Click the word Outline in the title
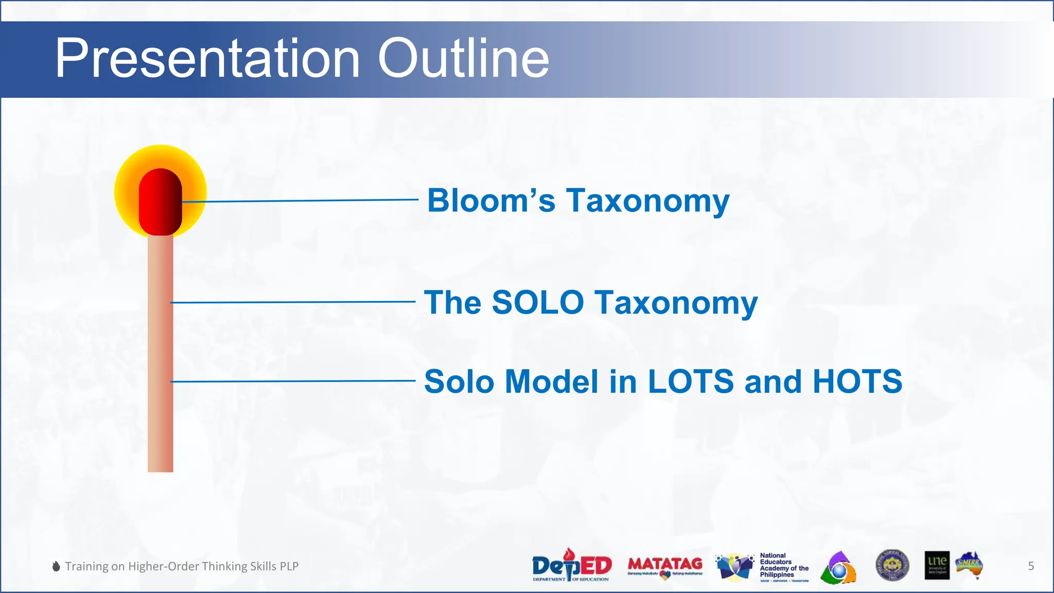[x=463, y=58]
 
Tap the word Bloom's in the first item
[x=491, y=200]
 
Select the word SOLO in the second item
[x=538, y=302]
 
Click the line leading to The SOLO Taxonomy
[x=293, y=302]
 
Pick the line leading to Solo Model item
[x=293, y=381]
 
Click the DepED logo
[x=571, y=566]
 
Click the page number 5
[x=1031, y=566]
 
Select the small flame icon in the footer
[x=56, y=566]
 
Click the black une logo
[x=937, y=565]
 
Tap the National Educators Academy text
[x=783, y=565]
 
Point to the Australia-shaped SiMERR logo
[x=970, y=565]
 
